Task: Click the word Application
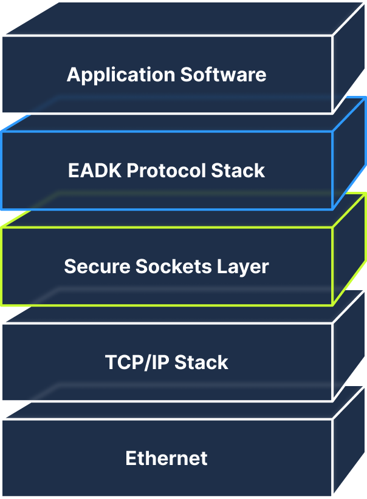(121, 75)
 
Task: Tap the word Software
(224, 75)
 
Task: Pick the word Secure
(97, 266)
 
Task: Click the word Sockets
(173, 266)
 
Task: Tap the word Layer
(243, 267)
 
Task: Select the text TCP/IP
(137, 362)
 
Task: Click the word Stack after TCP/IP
(201, 362)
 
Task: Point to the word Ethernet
(166, 458)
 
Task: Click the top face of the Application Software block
(185, 18)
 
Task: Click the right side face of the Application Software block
(349, 56)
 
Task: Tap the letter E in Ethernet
(131, 458)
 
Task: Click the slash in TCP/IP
(147, 363)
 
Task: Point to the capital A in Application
(74, 75)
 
